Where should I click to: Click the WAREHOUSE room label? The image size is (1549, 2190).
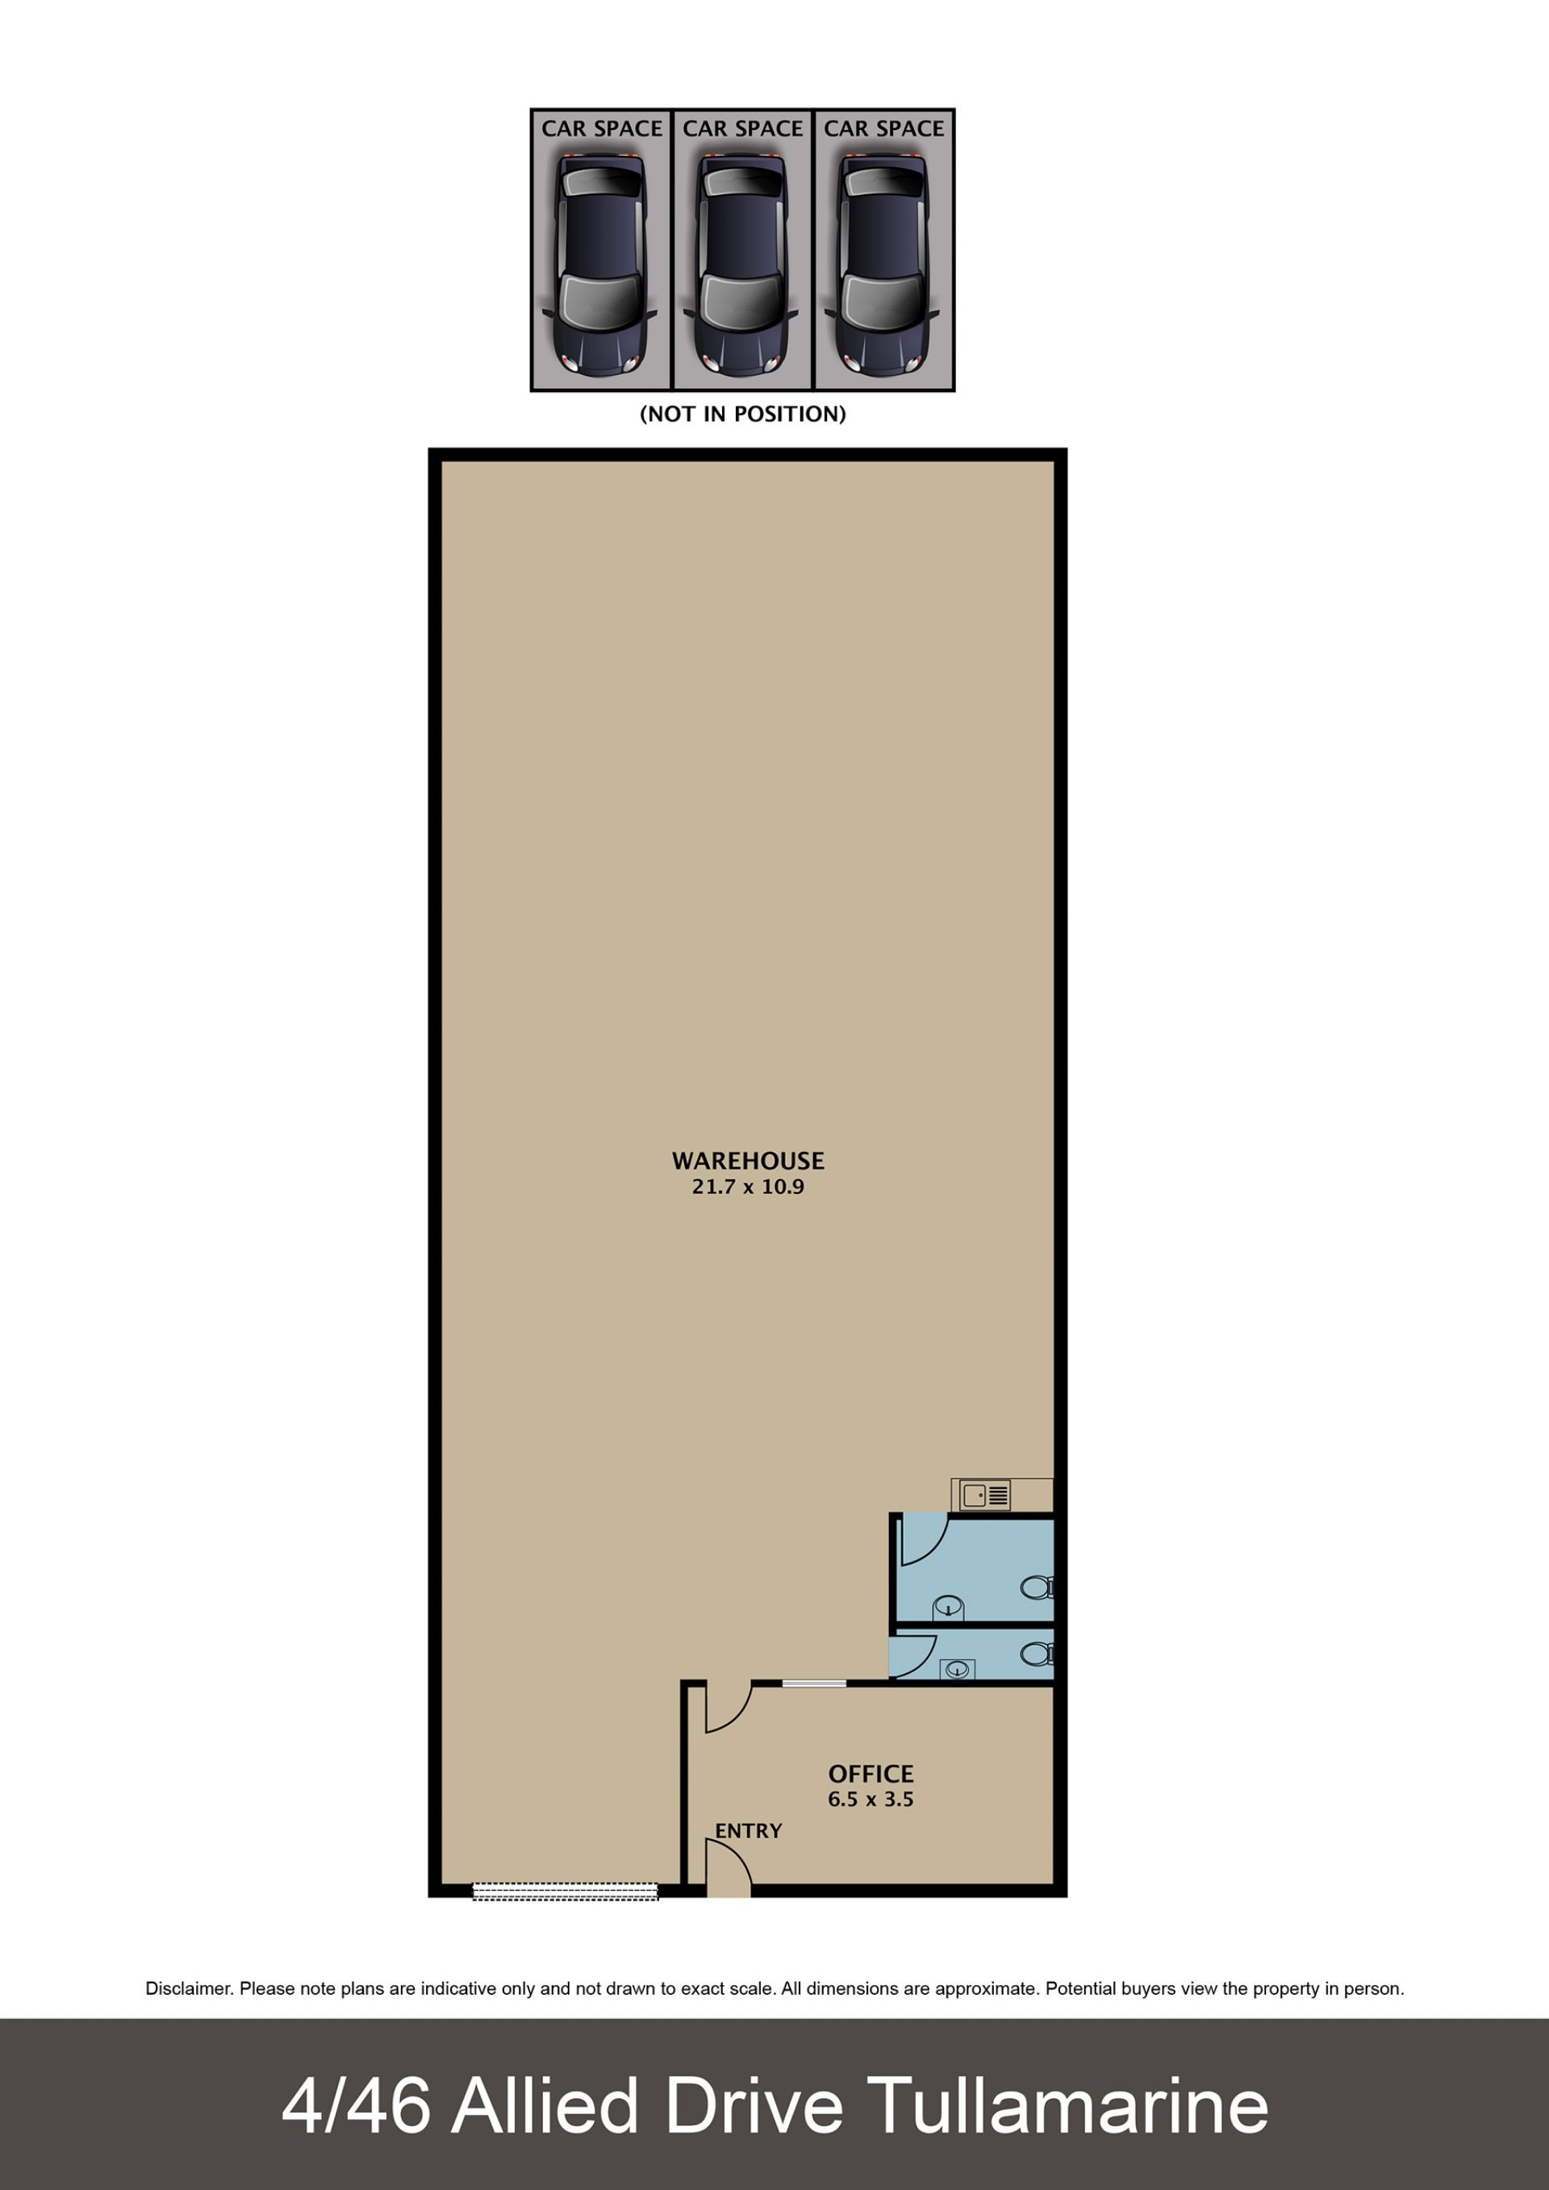tap(748, 1161)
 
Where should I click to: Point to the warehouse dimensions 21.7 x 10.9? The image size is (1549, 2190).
tap(748, 1187)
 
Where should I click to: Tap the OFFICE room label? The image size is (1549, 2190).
tap(871, 1774)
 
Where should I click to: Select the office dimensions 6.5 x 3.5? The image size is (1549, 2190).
tap(871, 1800)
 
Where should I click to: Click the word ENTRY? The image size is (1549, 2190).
tap(749, 1831)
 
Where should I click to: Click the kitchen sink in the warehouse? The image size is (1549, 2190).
tap(984, 1495)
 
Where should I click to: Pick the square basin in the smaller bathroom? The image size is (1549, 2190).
tap(957, 1669)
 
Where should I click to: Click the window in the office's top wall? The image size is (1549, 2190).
tap(813, 1683)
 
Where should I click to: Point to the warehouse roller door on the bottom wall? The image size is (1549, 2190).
tap(566, 1892)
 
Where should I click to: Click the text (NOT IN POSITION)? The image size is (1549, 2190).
tap(743, 414)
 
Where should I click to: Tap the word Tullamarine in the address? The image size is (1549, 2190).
tap(1068, 2107)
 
